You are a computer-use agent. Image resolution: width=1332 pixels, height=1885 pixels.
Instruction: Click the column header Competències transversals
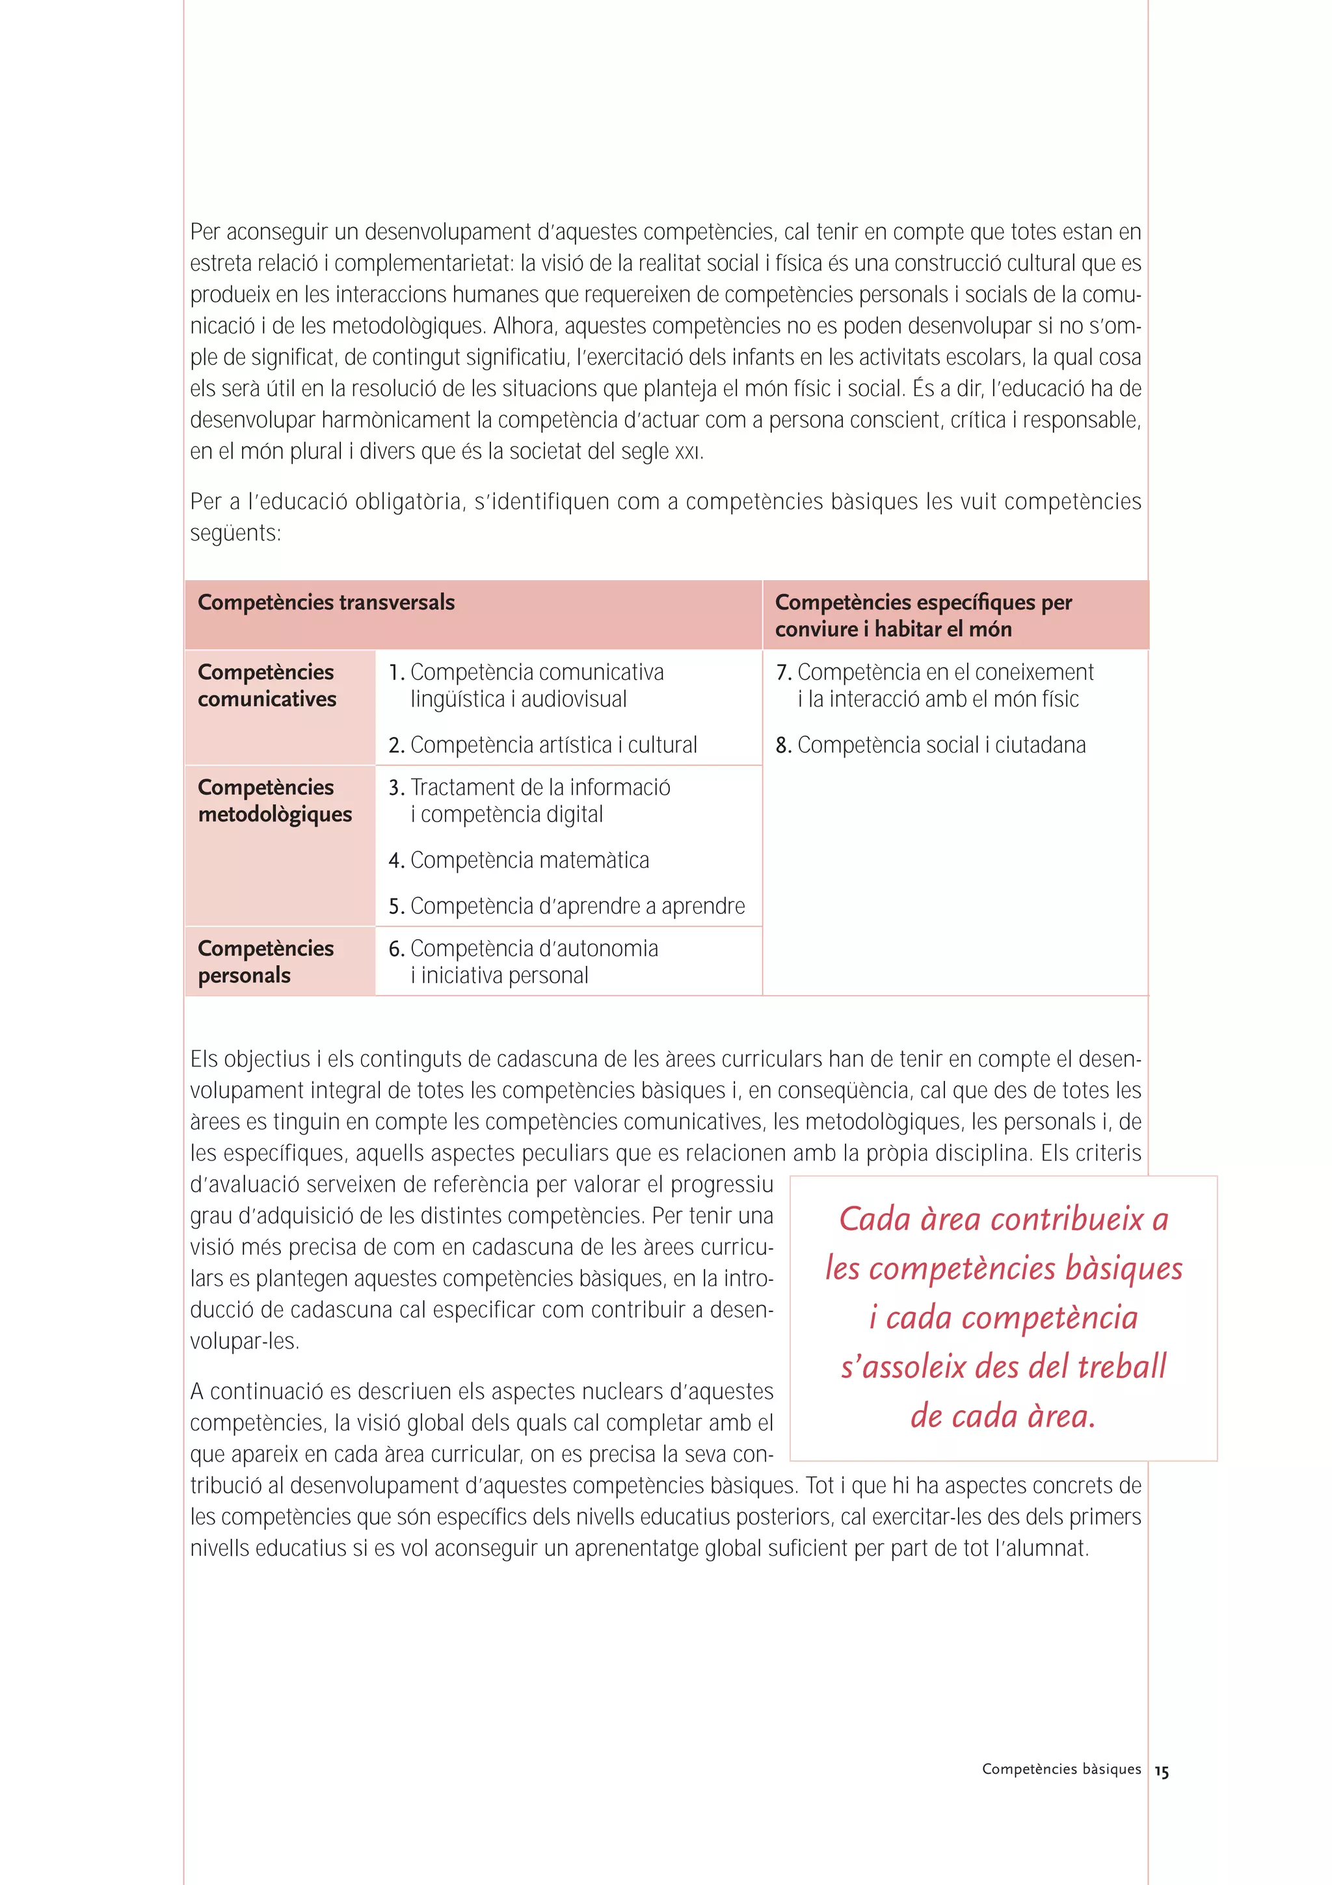(326, 602)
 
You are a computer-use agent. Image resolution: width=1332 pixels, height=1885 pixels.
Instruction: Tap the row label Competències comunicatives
(267, 686)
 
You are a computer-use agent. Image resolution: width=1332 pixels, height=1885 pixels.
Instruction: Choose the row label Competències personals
(265, 961)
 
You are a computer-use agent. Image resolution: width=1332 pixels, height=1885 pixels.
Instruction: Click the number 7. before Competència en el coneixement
(783, 673)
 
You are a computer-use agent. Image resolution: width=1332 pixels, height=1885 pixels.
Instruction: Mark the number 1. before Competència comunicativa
(396, 673)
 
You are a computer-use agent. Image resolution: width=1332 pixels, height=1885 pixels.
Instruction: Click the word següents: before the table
(235, 533)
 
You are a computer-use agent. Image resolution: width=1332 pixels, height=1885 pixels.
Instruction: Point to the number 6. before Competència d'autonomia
(396, 949)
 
